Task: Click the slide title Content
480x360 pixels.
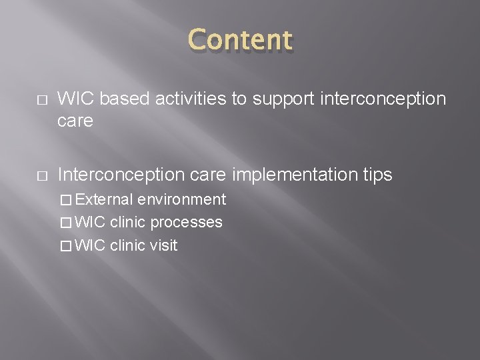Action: point(241,41)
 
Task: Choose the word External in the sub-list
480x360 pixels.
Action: point(105,199)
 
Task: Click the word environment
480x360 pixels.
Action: point(181,199)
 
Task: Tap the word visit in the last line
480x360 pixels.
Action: point(163,245)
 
